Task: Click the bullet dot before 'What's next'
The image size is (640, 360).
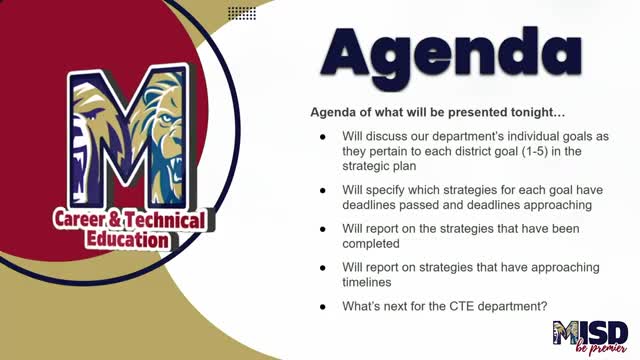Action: pos(322,305)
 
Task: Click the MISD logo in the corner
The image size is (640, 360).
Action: pos(590,334)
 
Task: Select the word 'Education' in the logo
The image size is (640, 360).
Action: pos(126,240)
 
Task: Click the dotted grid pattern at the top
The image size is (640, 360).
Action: pos(241,13)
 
